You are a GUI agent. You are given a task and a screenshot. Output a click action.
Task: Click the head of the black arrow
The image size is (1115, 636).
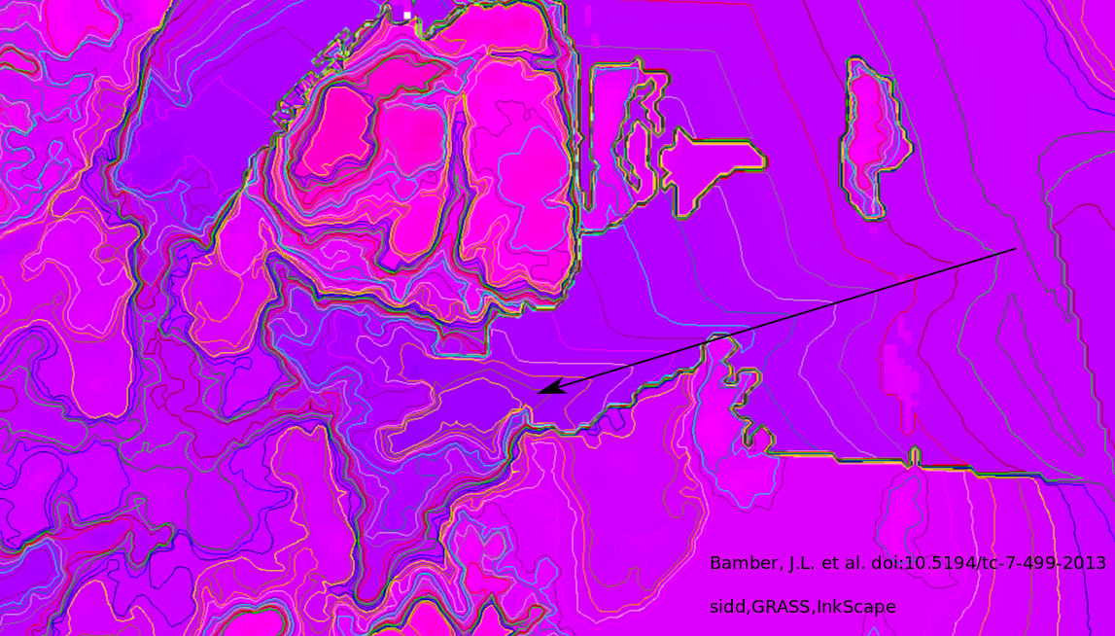tap(540, 392)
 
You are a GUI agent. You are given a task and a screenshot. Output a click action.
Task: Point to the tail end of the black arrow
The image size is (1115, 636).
tap(1016, 249)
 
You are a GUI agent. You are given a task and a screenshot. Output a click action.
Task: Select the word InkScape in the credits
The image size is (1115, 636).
tap(856, 607)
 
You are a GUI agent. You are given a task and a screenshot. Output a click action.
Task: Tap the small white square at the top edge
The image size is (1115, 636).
tap(406, 15)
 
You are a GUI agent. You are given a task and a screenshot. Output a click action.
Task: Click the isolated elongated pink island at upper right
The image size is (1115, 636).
tap(874, 136)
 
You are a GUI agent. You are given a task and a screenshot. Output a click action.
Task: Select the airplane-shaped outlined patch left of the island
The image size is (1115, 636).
tap(710, 165)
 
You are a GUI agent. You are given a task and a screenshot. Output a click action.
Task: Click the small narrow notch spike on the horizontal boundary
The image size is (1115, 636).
tap(914, 455)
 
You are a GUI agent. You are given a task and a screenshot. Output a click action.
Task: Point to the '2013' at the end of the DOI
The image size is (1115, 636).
tap(1087, 563)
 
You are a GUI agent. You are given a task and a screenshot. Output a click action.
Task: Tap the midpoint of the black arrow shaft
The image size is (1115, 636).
tap(778, 321)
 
